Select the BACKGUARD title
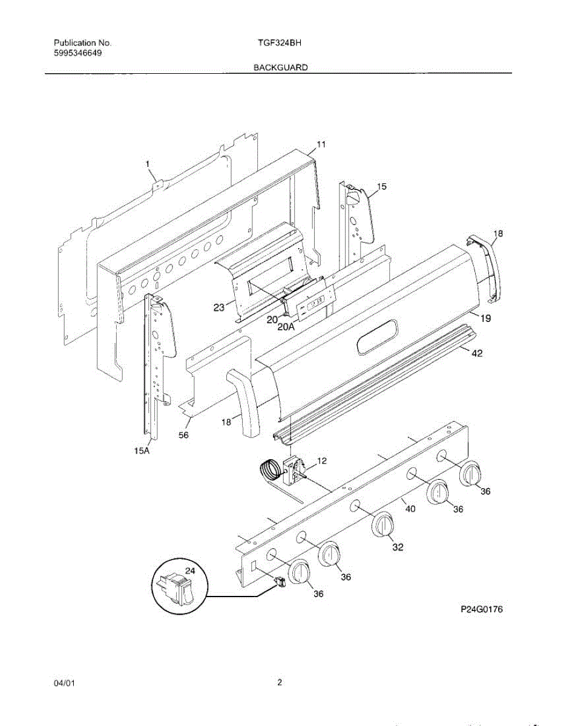point(280,68)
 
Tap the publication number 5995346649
point(78,53)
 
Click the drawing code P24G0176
point(482,609)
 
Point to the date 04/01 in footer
point(65,684)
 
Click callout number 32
point(398,547)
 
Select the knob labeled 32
point(382,524)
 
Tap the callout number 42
point(477,355)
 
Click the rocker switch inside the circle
point(179,587)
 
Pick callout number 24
point(190,571)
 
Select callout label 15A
point(142,450)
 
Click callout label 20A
point(285,326)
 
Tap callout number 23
point(219,307)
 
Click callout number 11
point(321,145)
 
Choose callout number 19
point(486,318)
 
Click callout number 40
point(410,509)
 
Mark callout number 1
point(147,163)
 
